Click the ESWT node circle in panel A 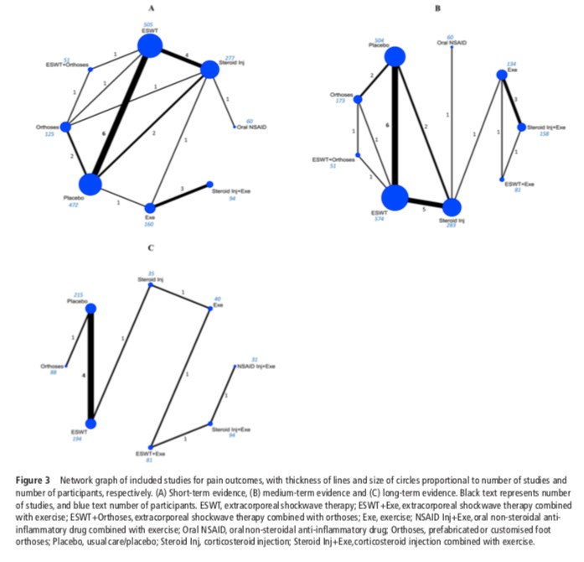[150, 45]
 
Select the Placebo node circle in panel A [90, 184]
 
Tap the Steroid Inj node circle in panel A [209, 70]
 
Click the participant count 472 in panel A [73, 204]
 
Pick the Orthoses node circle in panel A [66, 127]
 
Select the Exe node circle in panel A [150, 206]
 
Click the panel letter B [437, 8]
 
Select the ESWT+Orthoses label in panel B [333, 159]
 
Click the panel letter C [149, 247]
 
